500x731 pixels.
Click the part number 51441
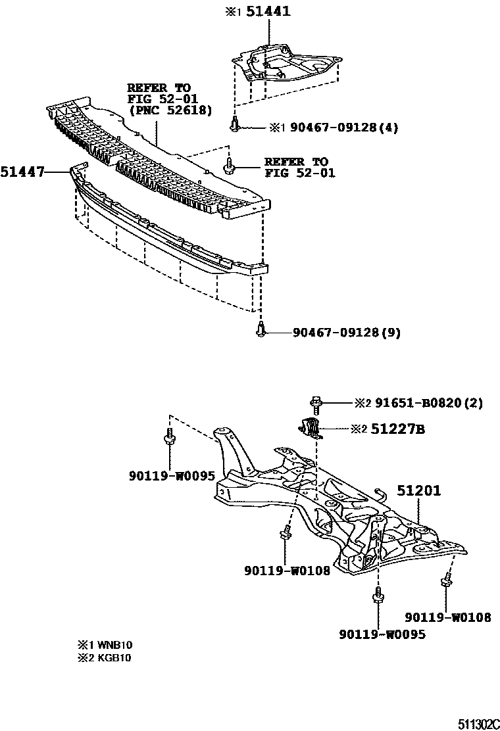pos(268,12)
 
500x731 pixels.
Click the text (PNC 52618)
pos(170,110)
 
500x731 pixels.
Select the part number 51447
pos(22,172)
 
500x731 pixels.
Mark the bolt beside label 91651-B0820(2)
pos(314,403)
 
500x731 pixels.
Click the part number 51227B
pos(397,430)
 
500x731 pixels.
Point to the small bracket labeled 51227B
pos(310,426)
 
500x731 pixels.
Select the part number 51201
pos(418,490)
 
